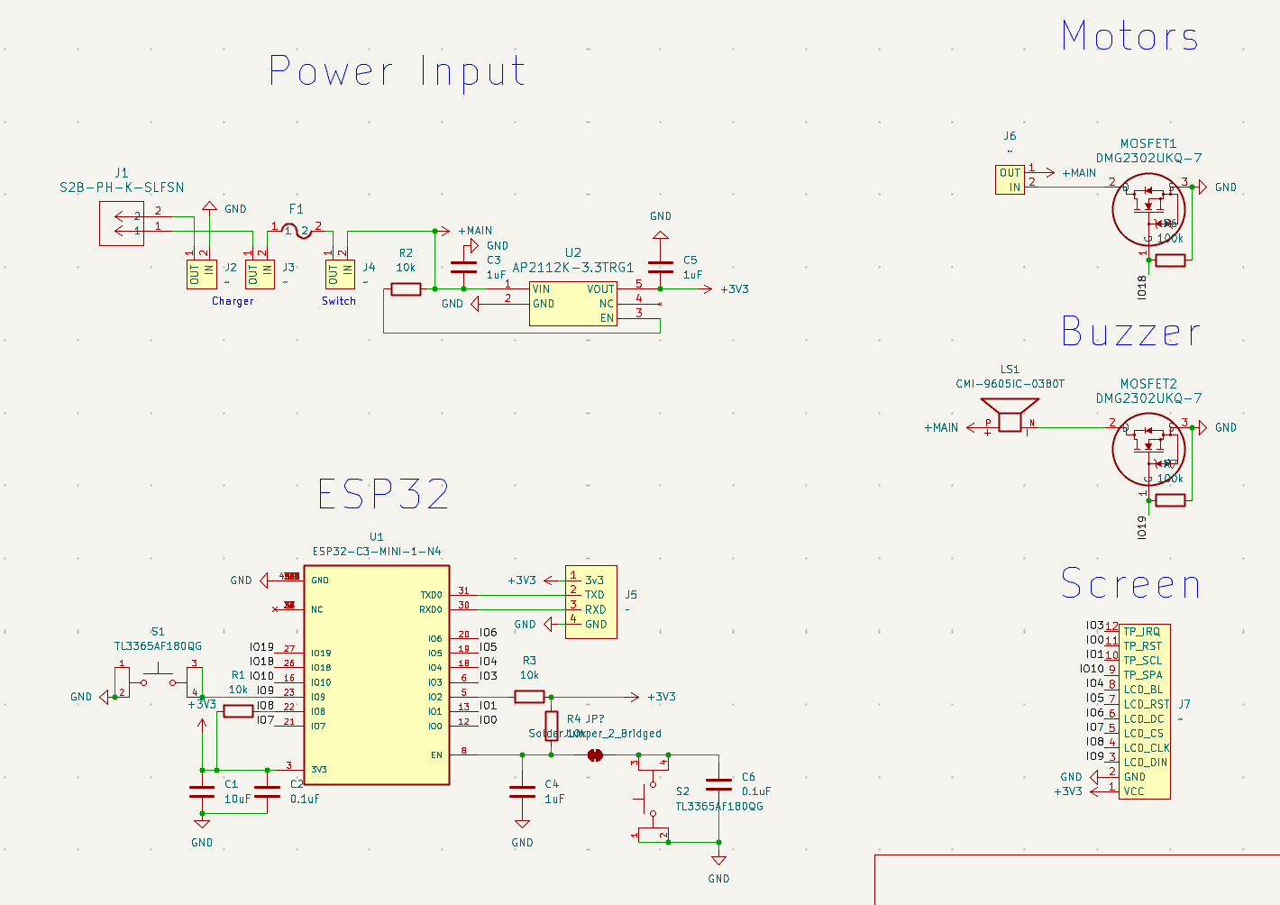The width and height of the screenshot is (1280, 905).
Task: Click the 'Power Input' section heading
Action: pyautogui.click(x=397, y=71)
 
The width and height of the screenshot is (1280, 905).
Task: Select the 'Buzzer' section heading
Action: pyautogui.click(x=1130, y=333)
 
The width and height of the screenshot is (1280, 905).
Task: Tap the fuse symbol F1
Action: pyautogui.click(x=297, y=231)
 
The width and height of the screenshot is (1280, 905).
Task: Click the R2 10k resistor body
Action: pyautogui.click(x=406, y=289)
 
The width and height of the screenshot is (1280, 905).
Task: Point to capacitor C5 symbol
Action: pyautogui.click(x=661, y=267)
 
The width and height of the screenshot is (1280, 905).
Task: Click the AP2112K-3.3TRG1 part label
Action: pyautogui.click(x=572, y=268)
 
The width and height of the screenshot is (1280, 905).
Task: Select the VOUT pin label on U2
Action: pyautogui.click(x=600, y=289)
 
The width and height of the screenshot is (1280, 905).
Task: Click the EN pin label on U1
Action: pyautogui.click(x=436, y=755)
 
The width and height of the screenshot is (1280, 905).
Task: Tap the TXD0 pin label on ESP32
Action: pyautogui.click(x=431, y=595)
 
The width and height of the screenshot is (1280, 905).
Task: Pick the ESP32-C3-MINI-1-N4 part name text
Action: pyautogui.click(x=377, y=552)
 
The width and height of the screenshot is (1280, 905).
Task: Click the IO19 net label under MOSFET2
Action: pyautogui.click(x=1142, y=527)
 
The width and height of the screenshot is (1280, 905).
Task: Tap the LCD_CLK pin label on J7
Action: pyautogui.click(x=1147, y=748)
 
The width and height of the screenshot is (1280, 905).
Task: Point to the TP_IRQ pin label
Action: pyautogui.click(x=1142, y=632)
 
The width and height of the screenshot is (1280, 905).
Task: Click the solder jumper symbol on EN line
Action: pyautogui.click(x=595, y=755)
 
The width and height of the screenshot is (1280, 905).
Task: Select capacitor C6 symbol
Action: pyautogui.click(x=718, y=784)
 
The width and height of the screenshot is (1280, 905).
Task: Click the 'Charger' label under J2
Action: pyautogui.click(x=233, y=301)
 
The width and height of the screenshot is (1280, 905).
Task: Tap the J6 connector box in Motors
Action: pyautogui.click(x=1010, y=180)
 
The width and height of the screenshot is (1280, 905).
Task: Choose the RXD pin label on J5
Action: pyautogui.click(x=595, y=609)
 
